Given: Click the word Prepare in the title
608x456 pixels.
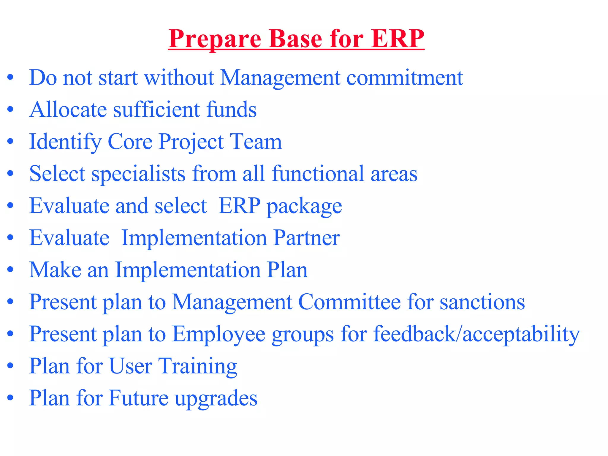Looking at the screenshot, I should pos(215,39).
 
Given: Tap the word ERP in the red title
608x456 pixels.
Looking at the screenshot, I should pos(398,39).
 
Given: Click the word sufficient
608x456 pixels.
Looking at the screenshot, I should pos(157,110).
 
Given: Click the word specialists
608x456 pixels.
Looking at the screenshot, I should pos(139,174).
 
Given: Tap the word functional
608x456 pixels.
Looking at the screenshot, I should pos(318,174).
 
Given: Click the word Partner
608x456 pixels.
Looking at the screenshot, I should pos(306,238).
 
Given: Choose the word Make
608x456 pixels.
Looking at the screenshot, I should pos(55,270).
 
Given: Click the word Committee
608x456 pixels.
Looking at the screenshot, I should pos(349,302).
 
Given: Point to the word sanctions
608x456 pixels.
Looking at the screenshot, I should pos(482,302).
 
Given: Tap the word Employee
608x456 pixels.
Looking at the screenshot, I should pos(219,334).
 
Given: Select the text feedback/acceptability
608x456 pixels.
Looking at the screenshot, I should pos(476,334).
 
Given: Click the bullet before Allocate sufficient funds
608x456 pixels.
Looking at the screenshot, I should pos(11,110).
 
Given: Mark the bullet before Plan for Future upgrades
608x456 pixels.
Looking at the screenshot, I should pos(11,398).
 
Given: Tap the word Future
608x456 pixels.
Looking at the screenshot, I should pos(139,398).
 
